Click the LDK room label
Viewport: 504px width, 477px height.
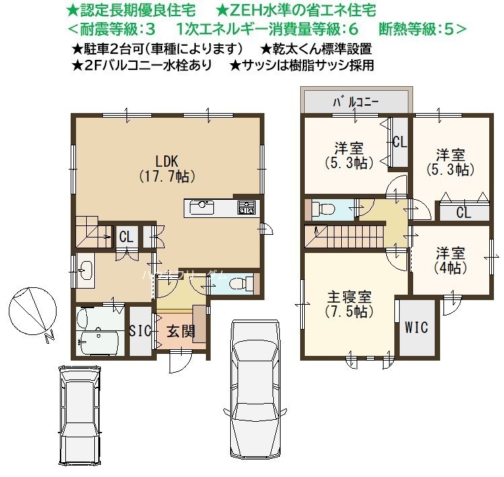167,169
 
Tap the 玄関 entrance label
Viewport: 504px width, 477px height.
181,331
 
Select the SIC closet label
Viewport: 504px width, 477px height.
140,330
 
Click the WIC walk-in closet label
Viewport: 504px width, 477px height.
417,327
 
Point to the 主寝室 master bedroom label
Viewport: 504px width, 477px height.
349,303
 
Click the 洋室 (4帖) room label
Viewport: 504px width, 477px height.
450,260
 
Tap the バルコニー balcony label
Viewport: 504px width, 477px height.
356,102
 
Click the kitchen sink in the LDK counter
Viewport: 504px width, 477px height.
202,208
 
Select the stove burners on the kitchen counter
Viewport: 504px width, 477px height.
246,207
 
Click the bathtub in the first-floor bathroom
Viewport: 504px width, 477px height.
100,342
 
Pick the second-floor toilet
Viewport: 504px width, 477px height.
323,210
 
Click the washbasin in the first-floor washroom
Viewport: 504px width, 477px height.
85,269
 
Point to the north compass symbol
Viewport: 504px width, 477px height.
33,311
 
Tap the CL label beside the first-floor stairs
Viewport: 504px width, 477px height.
127,237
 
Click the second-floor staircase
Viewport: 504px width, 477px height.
345,237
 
